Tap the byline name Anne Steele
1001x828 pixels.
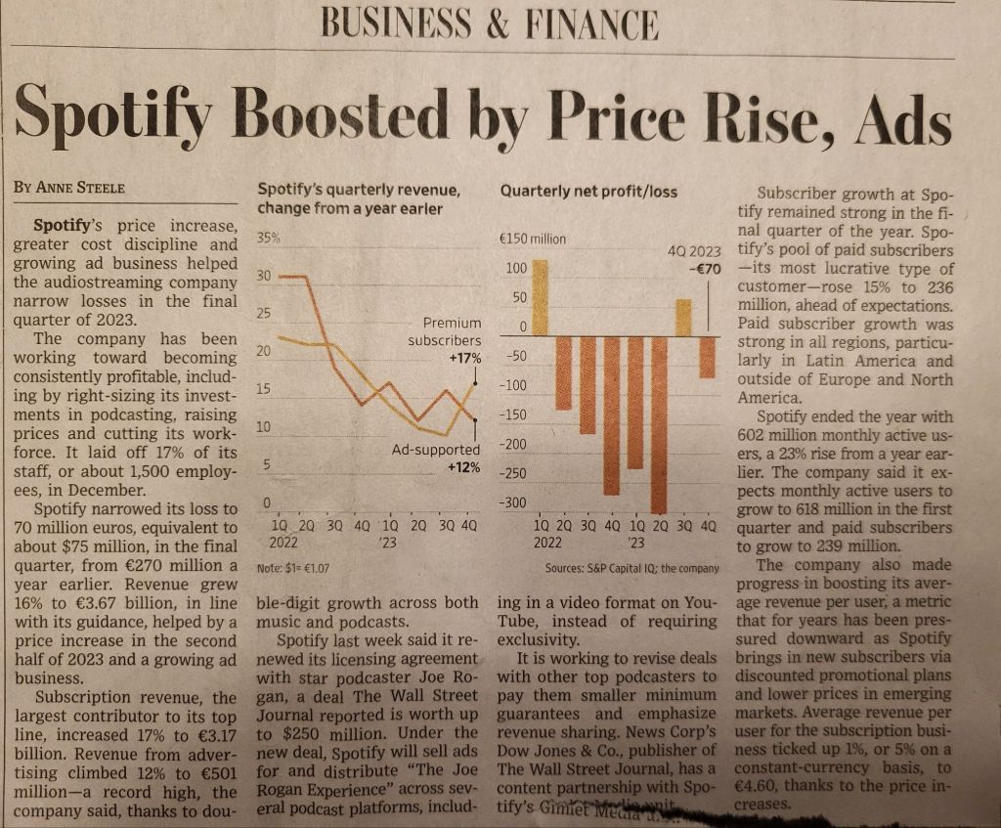80,186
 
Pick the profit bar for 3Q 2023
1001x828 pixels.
684,318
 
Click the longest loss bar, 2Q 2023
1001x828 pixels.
660,423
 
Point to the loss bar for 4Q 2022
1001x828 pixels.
612,415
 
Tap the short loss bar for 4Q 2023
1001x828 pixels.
708,357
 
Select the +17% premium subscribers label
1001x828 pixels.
464,359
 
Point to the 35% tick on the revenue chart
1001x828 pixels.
267,239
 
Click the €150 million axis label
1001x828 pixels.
532,239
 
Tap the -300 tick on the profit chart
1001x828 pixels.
513,502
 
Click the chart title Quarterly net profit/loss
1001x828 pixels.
588,192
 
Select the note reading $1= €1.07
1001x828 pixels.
292,567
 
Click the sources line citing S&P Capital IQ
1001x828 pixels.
632,568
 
